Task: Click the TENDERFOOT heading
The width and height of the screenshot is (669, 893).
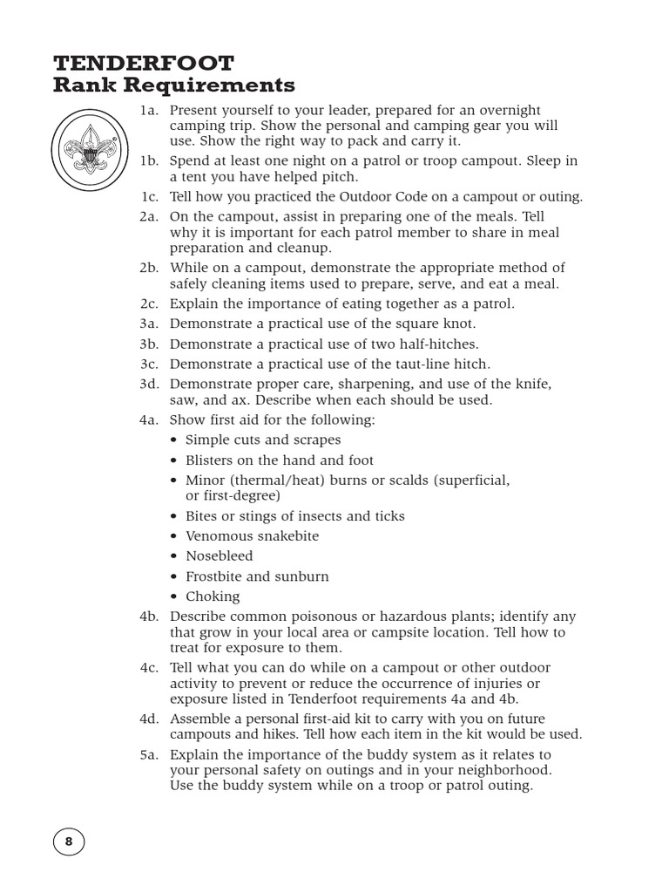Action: pyautogui.click(x=143, y=63)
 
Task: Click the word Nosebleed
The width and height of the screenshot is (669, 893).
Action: pyautogui.click(x=219, y=556)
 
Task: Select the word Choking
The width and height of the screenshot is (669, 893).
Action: pyautogui.click(x=213, y=597)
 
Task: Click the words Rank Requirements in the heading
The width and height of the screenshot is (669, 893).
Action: pyautogui.click(x=174, y=85)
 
